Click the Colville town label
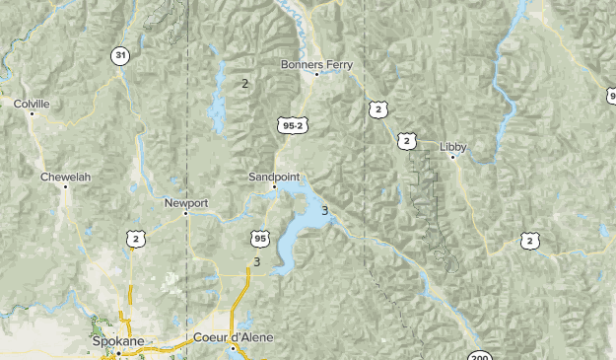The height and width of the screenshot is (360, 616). coord(32,103)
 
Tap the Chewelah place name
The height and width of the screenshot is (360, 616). coord(65,177)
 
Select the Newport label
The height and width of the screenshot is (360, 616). coord(186,203)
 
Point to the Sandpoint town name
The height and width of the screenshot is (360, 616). coord(274,176)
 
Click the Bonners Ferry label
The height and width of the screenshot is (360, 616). coord(316,64)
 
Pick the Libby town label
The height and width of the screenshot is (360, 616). coord(453,147)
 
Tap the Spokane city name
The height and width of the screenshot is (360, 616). coord(117,341)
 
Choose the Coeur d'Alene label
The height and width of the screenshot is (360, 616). coord(234,337)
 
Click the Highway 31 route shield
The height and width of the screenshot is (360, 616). coord(119,55)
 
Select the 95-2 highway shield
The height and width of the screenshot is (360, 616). coord(291,125)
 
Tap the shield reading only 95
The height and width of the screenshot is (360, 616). coord(259,239)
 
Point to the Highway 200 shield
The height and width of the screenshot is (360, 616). coord(479,356)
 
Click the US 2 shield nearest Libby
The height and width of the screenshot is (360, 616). coord(406,141)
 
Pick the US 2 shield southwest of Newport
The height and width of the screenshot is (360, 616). coord(135,239)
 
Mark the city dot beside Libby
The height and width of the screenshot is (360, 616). coord(452,157)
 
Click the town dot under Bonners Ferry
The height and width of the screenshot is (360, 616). coord(316,74)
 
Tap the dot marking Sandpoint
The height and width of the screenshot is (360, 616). coord(274,185)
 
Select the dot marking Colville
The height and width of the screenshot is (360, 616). coord(32,113)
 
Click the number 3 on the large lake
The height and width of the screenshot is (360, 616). coord(324,210)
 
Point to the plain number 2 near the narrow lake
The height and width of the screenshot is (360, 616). coord(244,83)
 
